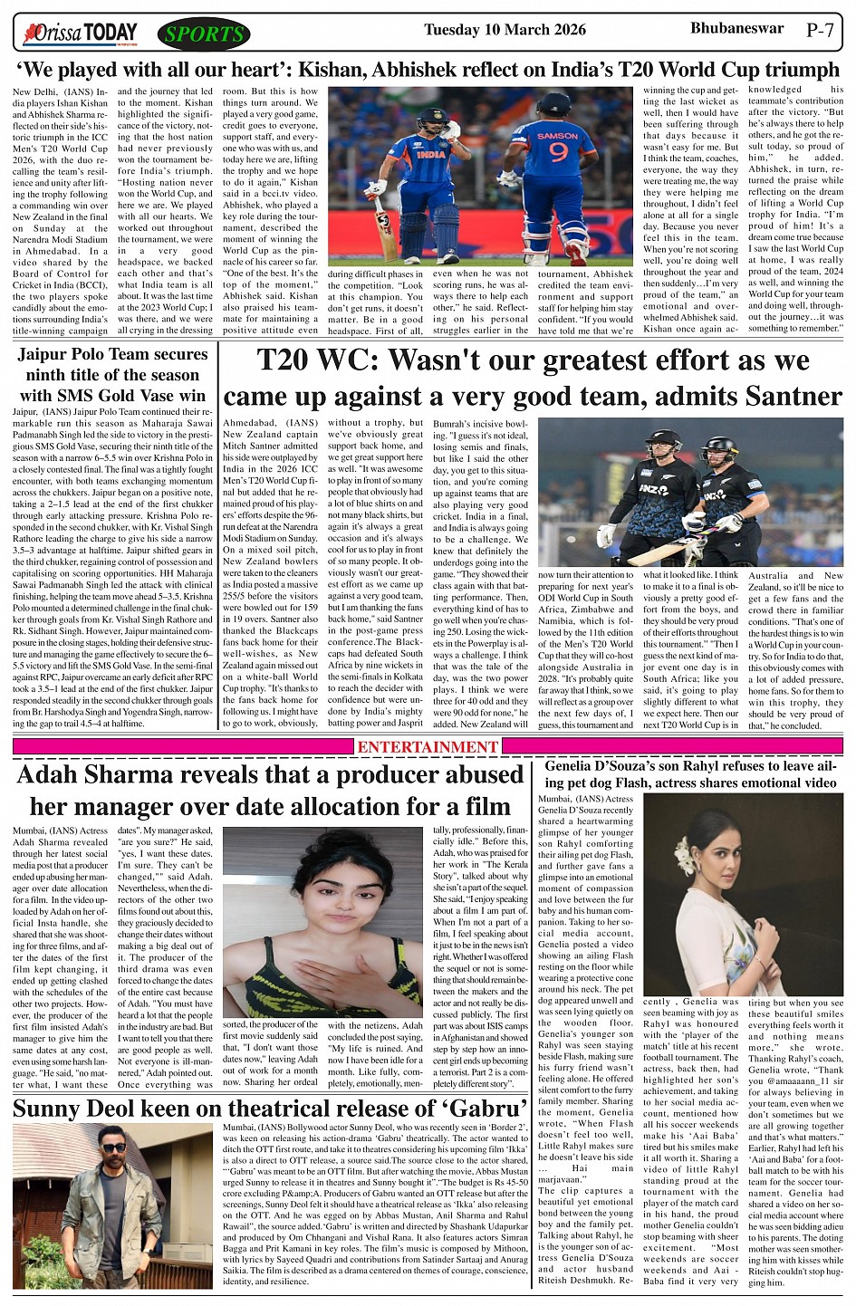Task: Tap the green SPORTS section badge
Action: click(203, 35)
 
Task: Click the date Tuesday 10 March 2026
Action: click(505, 30)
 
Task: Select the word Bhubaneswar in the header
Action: click(736, 28)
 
